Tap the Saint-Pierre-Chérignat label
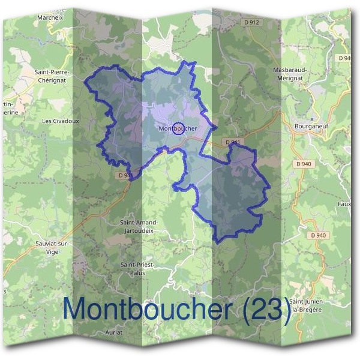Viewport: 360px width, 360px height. [53, 76]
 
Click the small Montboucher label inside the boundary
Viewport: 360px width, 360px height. [178, 128]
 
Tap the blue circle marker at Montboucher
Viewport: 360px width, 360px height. [178, 128]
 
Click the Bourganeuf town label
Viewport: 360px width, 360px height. [310, 127]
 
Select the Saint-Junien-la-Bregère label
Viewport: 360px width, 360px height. [307, 304]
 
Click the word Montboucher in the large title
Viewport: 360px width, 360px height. [146, 309]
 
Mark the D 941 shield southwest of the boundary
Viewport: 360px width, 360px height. [125, 175]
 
